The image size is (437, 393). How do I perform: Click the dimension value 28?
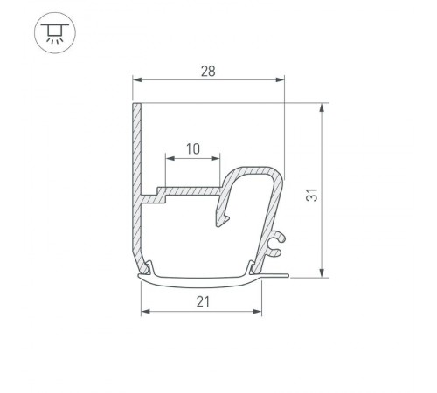tap(208, 69)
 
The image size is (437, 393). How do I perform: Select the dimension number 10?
tap(192, 148)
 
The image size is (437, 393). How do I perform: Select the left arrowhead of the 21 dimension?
tap(145, 312)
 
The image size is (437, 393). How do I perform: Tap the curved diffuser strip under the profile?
tap(201, 280)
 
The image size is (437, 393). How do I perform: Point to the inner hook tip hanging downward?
tap(220, 223)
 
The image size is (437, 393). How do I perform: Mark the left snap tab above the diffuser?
tap(152, 267)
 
